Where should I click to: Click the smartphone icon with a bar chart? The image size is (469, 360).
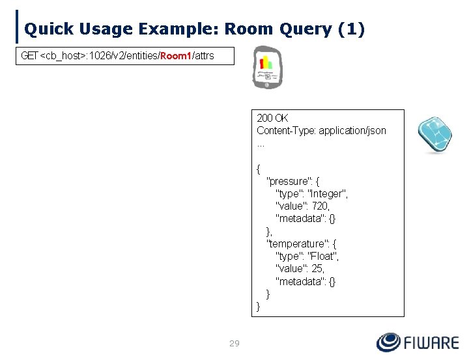(x=266, y=67)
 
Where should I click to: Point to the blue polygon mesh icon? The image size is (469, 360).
(x=434, y=135)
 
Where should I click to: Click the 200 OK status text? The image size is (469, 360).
(x=272, y=118)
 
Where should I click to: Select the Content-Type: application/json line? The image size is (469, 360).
(x=321, y=131)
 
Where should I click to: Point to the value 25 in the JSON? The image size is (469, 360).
(x=318, y=268)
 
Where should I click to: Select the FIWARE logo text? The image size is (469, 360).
(x=431, y=342)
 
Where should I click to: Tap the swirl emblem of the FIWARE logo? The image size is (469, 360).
(x=389, y=342)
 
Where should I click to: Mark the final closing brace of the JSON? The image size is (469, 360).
(x=259, y=306)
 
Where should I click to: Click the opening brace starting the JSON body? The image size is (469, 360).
(x=259, y=169)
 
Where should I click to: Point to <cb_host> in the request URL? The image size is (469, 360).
(x=64, y=57)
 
